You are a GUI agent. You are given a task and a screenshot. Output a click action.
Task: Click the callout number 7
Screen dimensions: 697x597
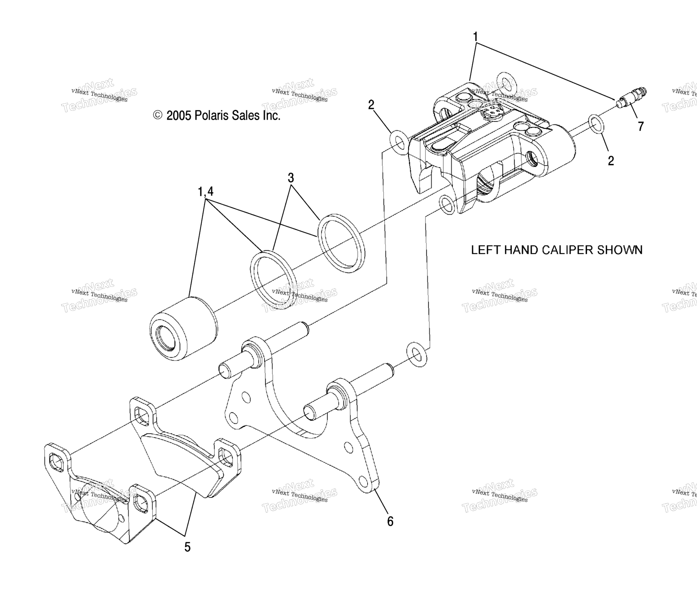click(640, 126)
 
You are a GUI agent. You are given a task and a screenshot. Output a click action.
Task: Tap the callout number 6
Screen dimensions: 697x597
click(390, 522)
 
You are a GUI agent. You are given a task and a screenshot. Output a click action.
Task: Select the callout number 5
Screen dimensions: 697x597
click(187, 547)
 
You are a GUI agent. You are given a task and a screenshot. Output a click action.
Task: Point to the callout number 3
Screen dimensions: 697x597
click(291, 178)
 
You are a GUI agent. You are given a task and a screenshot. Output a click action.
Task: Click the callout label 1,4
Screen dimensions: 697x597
click(205, 192)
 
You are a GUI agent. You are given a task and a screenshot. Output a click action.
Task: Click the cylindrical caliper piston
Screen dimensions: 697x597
click(183, 329)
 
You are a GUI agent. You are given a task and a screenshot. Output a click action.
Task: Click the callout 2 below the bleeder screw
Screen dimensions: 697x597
click(611, 161)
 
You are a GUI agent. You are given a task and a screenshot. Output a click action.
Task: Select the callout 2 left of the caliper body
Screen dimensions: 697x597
click(371, 105)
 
